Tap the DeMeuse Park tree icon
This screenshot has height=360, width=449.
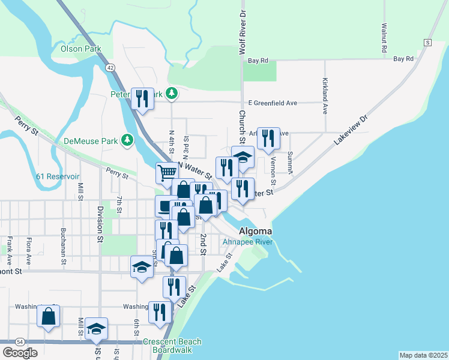point(127,140)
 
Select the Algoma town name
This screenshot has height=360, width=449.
point(255,232)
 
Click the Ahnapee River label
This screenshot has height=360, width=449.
point(248,242)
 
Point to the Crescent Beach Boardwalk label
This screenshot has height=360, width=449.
point(172,346)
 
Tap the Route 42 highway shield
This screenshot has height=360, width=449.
point(110,68)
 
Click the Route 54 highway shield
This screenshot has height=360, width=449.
point(20,341)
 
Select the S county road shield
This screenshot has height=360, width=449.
point(427,43)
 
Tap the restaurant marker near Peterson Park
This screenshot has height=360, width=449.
point(142,98)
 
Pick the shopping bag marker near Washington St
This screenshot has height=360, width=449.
point(48,315)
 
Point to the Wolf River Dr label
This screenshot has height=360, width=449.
point(243,32)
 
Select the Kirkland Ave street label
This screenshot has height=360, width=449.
point(325,95)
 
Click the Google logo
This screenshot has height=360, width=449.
point(20,353)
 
